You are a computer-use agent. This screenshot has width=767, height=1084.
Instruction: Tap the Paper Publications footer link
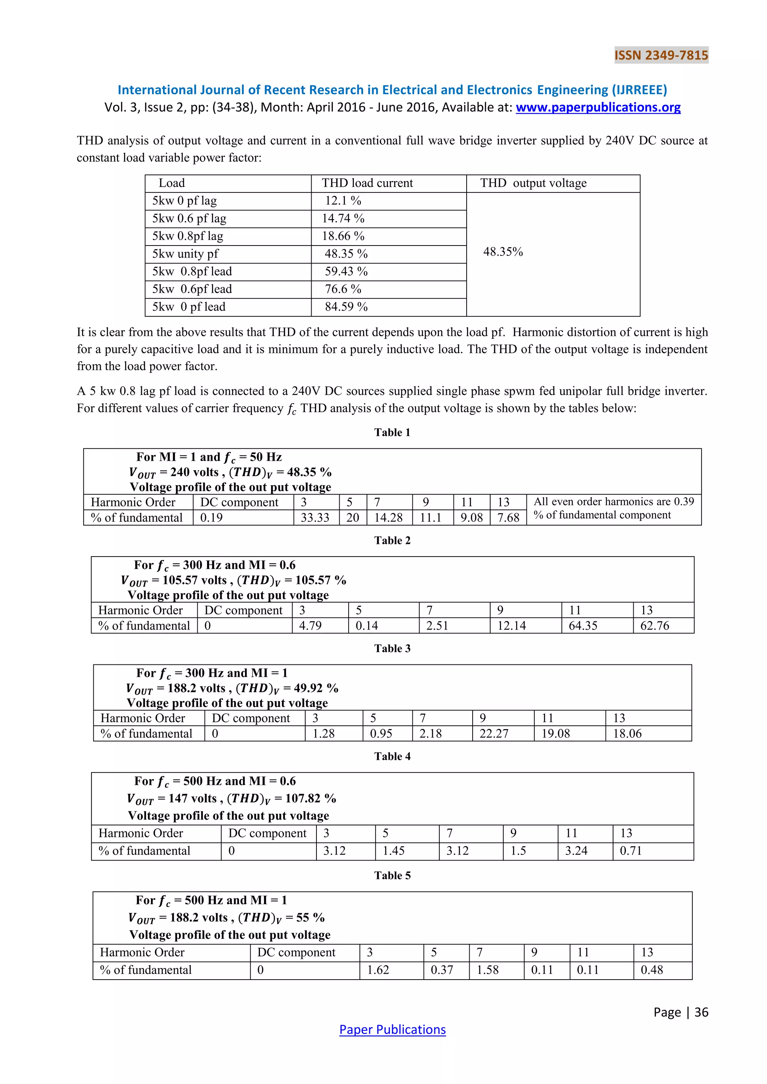[x=392, y=1029]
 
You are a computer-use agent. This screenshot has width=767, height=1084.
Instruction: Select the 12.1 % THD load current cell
[x=343, y=201]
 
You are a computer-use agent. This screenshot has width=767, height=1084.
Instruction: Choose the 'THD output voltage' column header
[x=533, y=183]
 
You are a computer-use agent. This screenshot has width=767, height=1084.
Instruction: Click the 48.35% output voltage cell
[x=503, y=252]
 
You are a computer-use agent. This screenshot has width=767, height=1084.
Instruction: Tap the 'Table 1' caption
[x=392, y=432]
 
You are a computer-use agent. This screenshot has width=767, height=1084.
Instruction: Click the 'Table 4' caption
[x=392, y=756]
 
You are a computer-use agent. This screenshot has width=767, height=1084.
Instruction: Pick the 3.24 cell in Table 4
[x=576, y=850]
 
